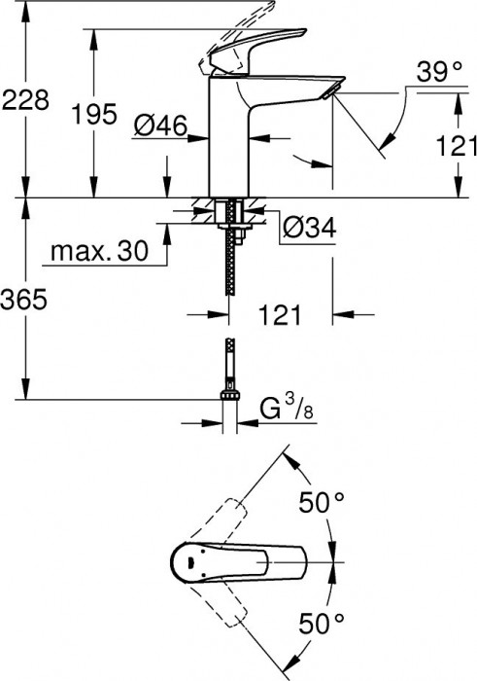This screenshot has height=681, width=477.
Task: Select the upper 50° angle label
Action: coord(323,504)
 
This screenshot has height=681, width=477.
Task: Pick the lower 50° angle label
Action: coord(323,622)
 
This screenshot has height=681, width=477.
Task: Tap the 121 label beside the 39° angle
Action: coord(455,146)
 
